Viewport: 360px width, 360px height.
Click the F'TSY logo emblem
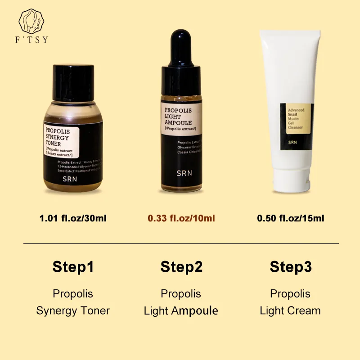[32, 20]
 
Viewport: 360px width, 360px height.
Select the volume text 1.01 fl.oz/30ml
[73, 219]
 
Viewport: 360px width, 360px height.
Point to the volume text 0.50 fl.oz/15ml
[290, 219]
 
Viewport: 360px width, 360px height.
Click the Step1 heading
[73, 266]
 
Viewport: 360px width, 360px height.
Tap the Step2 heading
[181, 266]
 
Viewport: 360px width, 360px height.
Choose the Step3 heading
[290, 266]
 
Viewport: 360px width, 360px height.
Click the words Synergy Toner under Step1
[73, 310]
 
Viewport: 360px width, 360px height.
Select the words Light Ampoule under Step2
[181, 310]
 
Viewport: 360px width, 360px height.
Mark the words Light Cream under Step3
[290, 310]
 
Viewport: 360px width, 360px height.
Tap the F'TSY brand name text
[32, 40]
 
